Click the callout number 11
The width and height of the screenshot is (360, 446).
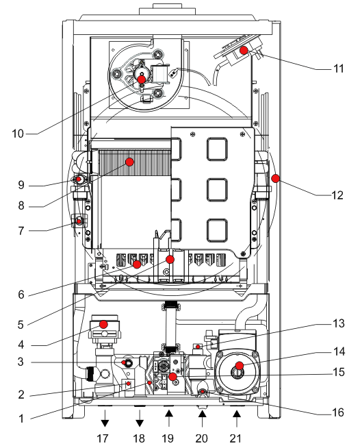[338, 69]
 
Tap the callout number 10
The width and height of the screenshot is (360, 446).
[18, 134]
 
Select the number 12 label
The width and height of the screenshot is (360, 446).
[337, 195]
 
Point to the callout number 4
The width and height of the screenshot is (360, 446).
[21, 345]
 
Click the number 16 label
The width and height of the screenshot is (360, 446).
[338, 412]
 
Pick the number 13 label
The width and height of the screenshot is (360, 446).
[339, 323]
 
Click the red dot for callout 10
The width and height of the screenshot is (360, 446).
[142, 79]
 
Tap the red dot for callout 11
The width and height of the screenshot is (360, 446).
[244, 50]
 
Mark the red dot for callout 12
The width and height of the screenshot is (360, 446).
[275, 178]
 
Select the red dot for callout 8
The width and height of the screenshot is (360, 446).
[129, 162]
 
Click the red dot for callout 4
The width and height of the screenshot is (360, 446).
[103, 324]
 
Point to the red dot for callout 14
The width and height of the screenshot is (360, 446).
[240, 366]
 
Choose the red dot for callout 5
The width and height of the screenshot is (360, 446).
[170, 260]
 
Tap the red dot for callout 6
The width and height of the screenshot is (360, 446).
[137, 264]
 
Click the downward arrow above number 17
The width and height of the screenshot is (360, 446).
[105, 418]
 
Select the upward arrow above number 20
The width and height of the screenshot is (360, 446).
[202, 418]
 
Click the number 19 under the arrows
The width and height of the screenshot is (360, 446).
[168, 438]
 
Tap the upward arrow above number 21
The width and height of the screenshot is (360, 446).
[237, 418]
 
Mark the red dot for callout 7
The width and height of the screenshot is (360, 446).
[79, 221]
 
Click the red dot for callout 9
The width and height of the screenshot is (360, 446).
[79, 179]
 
